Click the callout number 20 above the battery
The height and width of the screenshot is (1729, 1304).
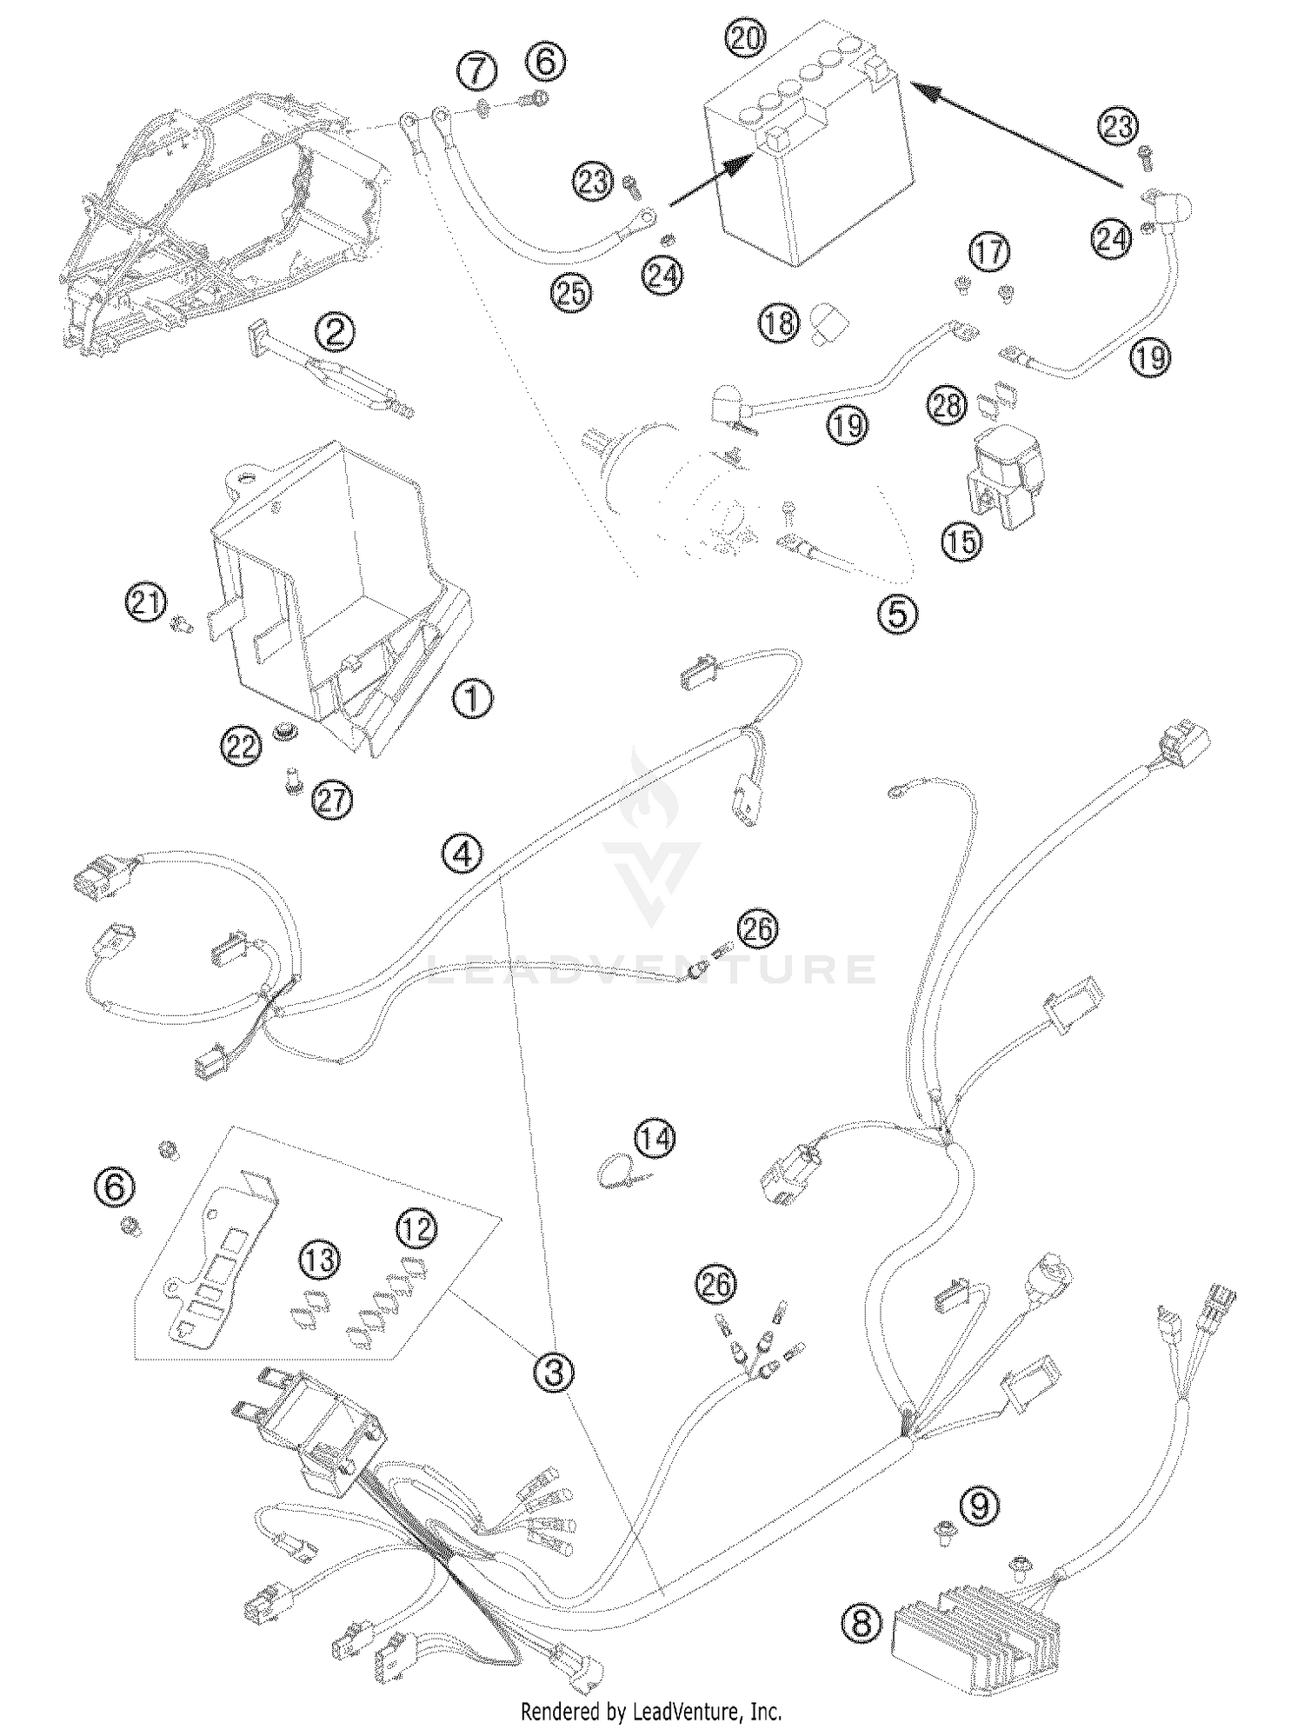(745, 39)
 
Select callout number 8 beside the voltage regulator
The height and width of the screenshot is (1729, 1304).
(861, 1622)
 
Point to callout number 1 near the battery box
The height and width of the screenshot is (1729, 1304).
(473, 697)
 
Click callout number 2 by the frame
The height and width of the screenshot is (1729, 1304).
(335, 331)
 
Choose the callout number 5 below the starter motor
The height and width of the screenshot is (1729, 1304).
(896, 614)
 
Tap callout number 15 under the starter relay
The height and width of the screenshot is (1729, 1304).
(960, 543)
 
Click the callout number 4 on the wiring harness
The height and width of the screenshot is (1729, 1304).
(462, 855)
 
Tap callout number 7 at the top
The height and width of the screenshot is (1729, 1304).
(477, 70)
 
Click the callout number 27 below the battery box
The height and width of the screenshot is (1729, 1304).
(332, 801)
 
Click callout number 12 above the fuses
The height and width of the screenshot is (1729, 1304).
(417, 1228)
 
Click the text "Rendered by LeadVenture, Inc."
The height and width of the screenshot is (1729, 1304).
(651, 1712)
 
